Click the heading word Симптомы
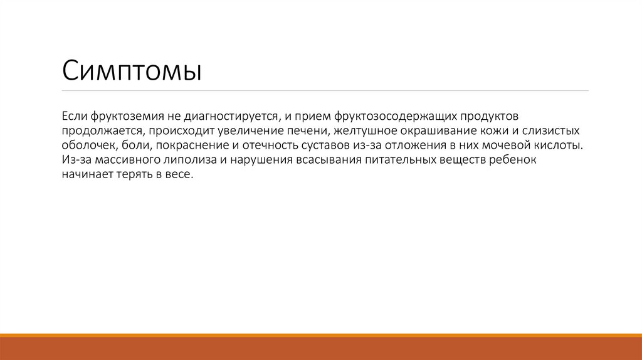pos(131,70)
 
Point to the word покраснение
pos(181,146)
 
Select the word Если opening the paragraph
pos(74,117)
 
